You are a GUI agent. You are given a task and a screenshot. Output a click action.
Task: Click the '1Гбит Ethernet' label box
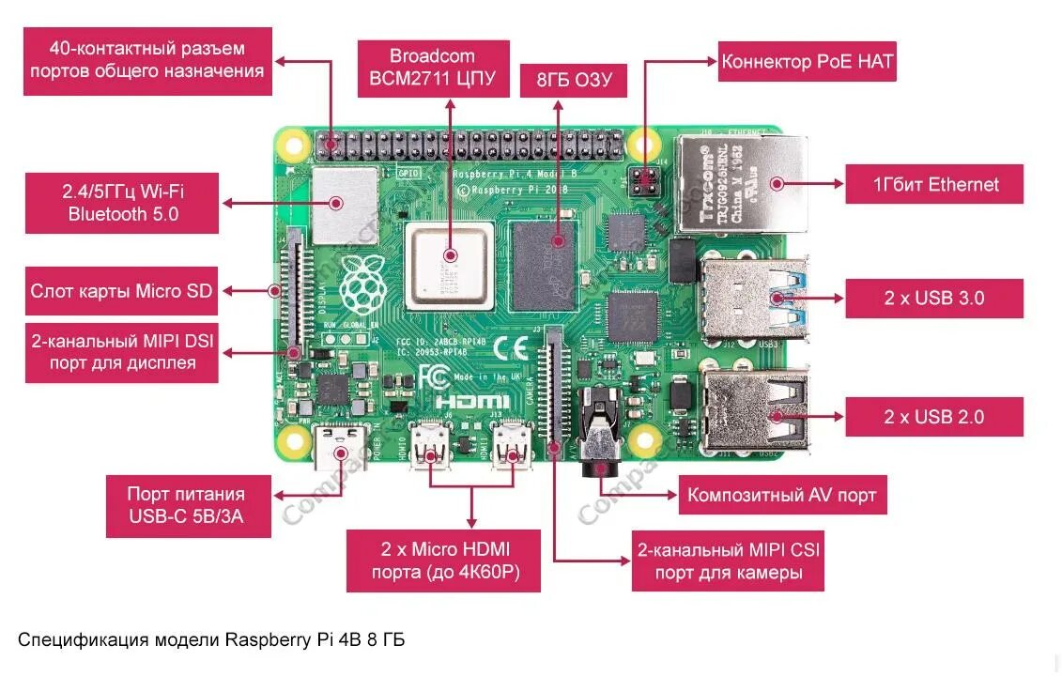tap(933, 184)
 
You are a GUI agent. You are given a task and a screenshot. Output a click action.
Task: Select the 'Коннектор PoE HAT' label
tap(807, 63)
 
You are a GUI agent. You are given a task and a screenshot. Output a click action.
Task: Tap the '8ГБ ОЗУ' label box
tap(574, 81)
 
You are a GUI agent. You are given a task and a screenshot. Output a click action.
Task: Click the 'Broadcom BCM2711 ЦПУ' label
tap(432, 68)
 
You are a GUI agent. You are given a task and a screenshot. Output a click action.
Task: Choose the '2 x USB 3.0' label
tap(933, 299)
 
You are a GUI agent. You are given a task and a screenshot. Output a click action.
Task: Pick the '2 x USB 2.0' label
tap(933, 416)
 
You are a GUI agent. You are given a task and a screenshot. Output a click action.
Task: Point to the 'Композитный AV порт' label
tap(782, 495)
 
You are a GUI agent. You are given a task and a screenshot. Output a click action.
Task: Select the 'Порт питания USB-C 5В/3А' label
tap(186, 505)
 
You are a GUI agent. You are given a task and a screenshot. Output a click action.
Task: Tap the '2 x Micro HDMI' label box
tap(443, 561)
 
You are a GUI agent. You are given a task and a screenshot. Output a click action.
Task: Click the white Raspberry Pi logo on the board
tap(362, 283)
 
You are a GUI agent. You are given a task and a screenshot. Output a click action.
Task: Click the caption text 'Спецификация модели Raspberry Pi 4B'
tap(211, 640)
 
